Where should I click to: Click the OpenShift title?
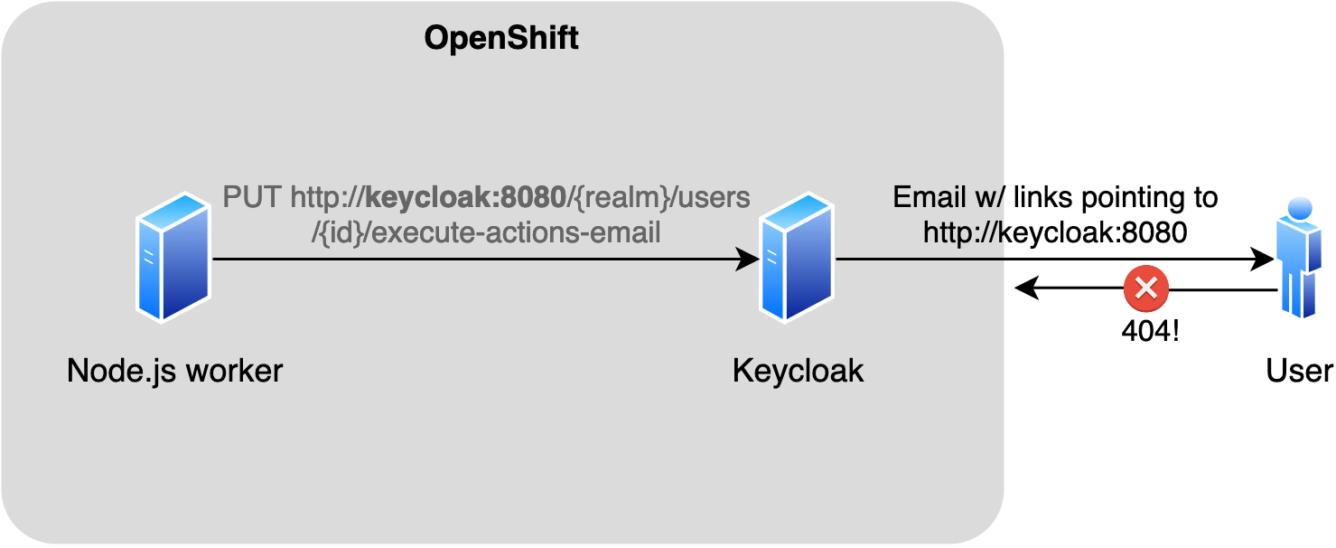501,39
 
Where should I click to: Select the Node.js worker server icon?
173,257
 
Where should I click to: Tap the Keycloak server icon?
797,257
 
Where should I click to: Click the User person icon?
1299,257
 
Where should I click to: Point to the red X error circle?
1145,289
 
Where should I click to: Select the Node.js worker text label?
174,371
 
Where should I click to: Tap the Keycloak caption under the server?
798,371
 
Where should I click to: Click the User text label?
1299,371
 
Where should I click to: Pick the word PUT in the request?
252,198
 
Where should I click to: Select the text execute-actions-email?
515,232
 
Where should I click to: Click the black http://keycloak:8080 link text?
1054,232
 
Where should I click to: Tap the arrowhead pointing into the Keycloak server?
750,260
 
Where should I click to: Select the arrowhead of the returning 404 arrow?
1024,289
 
